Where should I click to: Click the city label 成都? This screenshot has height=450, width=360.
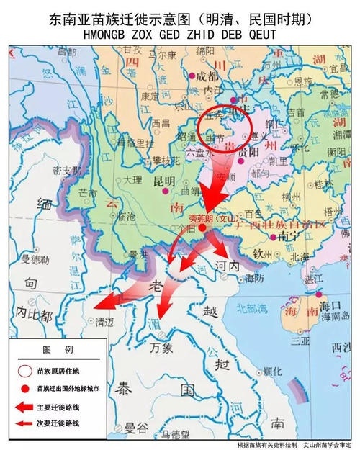(x=207, y=76)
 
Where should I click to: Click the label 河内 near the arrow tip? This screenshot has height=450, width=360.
(x=228, y=266)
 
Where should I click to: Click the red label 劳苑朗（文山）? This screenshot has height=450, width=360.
(x=207, y=217)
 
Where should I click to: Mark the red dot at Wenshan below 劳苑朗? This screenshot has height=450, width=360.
(x=203, y=228)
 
